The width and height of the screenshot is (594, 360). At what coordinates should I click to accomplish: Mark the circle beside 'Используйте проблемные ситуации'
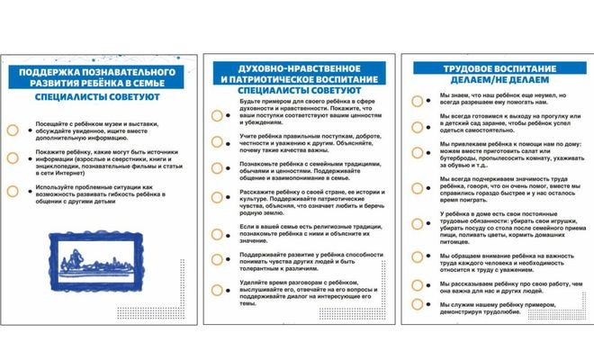[13, 191]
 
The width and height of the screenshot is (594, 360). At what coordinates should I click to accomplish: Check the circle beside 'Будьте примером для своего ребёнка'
[217, 115]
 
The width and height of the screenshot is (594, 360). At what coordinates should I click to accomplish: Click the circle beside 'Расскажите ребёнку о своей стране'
[217, 198]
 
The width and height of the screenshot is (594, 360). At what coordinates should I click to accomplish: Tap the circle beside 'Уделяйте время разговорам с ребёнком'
[217, 289]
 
